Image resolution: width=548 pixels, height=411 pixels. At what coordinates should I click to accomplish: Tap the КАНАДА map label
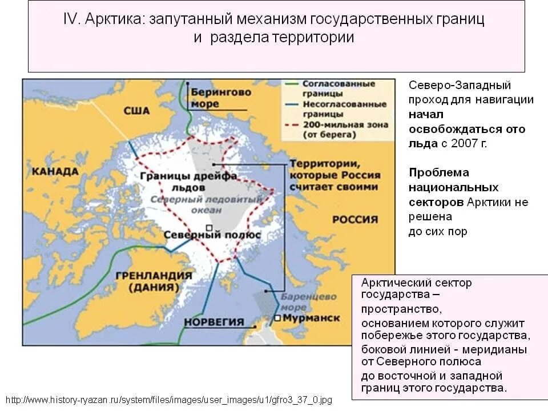(55, 172)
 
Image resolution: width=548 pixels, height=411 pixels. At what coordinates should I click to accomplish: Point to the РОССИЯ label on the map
(355, 220)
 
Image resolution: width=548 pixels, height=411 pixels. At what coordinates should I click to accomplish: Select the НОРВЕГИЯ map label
(213, 321)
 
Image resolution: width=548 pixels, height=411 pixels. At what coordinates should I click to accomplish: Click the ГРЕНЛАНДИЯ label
(154, 275)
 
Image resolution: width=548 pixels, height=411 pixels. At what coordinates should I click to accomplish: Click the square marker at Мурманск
(277, 318)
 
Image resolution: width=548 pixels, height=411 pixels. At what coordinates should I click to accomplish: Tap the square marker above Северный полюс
(211, 226)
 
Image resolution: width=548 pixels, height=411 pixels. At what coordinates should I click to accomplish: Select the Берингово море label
(213, 97)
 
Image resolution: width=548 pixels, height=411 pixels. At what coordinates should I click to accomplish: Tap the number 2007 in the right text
(463, 143)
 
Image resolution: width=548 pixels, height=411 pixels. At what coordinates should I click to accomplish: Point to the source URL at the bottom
(168, 400)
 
